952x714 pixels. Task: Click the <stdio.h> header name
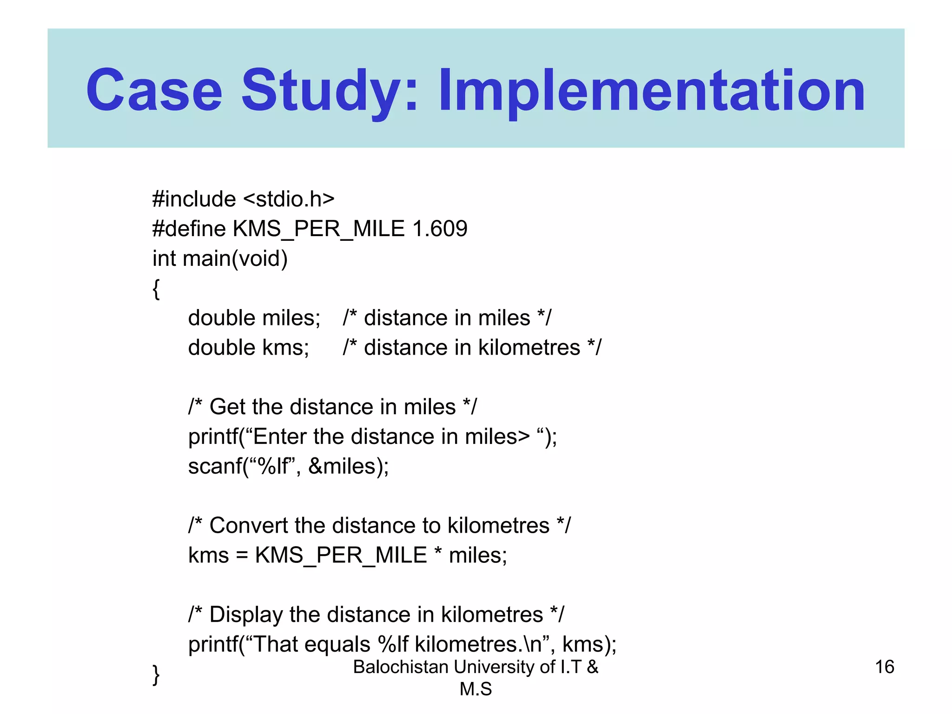tap(289, 199)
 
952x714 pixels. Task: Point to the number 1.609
tap(440, 229)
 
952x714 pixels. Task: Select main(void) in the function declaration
tap(235, 258)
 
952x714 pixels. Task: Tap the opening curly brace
tap(157, 289)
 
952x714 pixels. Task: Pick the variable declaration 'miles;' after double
tap(291, 318)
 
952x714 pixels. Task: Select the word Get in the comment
tap(229, 407)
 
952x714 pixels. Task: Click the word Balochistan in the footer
tap(400, 667)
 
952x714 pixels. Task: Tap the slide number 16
tap(885, 667)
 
